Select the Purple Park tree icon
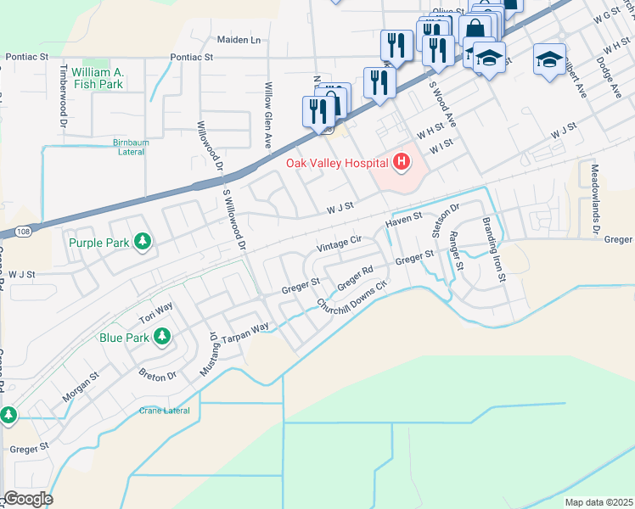coord(143,243)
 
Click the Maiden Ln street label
coord(239,40)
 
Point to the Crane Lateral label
coord(165,411)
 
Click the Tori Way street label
coord(156,313)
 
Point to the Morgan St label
coord(81,385)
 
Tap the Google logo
coord(27,499)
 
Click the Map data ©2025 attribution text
coord(598,502)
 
